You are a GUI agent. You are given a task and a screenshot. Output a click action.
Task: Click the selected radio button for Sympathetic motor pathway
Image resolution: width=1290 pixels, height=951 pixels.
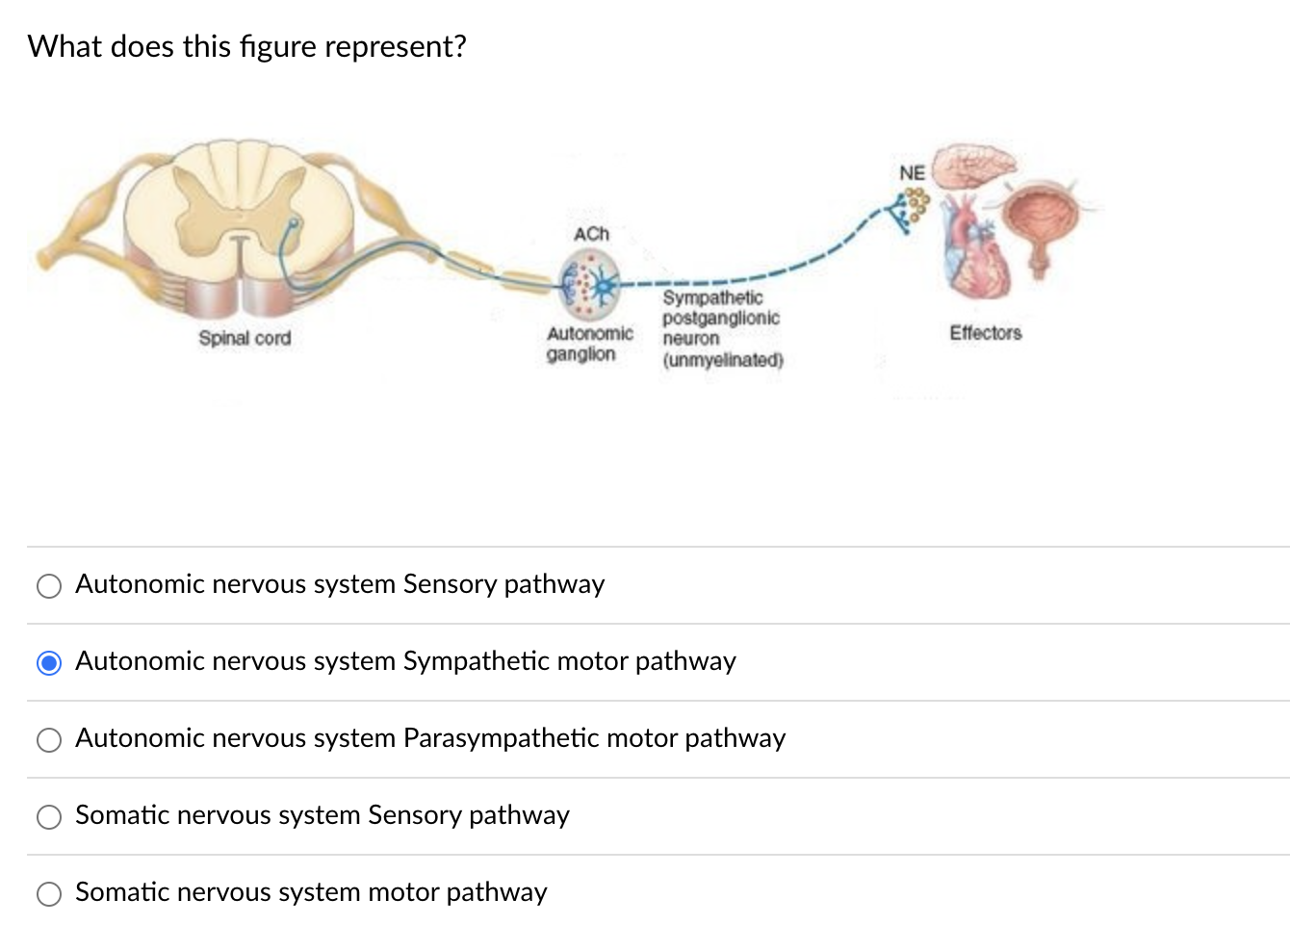49,663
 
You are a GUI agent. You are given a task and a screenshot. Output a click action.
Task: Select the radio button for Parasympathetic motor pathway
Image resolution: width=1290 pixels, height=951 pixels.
49,740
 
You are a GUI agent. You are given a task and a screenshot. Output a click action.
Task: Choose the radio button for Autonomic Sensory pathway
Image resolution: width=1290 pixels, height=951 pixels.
49,586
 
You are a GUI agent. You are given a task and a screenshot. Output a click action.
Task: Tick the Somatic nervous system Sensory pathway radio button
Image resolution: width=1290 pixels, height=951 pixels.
49,817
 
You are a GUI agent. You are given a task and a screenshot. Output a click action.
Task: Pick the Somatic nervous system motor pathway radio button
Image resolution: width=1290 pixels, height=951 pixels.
49,894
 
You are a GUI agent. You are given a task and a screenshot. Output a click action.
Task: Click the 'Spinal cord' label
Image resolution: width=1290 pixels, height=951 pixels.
245,338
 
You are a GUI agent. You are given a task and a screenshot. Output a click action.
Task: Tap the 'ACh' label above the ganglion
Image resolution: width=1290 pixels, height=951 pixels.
591,234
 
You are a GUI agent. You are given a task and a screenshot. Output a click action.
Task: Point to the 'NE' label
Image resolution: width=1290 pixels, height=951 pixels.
912,173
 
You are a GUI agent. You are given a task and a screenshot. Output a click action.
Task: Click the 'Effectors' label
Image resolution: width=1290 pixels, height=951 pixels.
985,333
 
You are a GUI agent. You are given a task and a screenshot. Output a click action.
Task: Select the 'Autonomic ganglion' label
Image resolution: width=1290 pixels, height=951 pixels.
588,344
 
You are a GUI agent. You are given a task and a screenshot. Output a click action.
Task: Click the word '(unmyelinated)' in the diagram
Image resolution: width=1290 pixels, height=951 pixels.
723,360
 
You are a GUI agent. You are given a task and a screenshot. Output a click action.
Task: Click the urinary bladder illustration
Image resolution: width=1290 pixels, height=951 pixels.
1041,221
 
